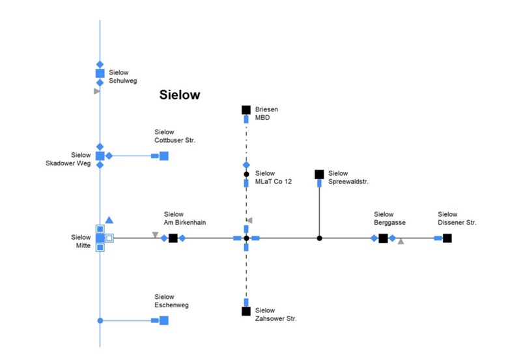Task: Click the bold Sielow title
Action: pyautogui.click(x=180, y=95)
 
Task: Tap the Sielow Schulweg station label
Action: pyautogui.click(x=123, y=77)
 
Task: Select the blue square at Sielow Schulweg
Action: pyautogui.click(x=100, y=74)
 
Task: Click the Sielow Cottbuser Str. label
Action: pyautogui.click(x=175, y=136)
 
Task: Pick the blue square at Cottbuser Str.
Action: pyautogui.click(x=164, y=156)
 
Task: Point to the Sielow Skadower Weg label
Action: pyautogui.click(x=72, y=159)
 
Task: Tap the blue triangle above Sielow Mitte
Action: pyautogui.click(x=109, y=220)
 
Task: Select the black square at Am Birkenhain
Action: pyautogui.click(x=173, y=238)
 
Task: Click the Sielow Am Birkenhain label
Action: pyautogui.click(x=185, y=218)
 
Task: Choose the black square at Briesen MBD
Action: pyautogui.click(x=246, y=109)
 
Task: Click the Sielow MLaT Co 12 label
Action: pyautogui.click(x=274, y=177)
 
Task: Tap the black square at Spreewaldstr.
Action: pyautogui.click(x=319, y=174)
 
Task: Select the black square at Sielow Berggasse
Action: pyautogui.click(x=384, y=238)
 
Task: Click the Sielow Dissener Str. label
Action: pyautogui.click(x=457, y=218)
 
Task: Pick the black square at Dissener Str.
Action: pyautogui.click(x=447, y=238)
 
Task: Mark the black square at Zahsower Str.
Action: pyautogui.click(x=246, y=311)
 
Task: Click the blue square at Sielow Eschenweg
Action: pyautogui.click(x=164, y=320)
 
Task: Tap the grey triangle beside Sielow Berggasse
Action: pyautogui.click(x=401, y=242)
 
